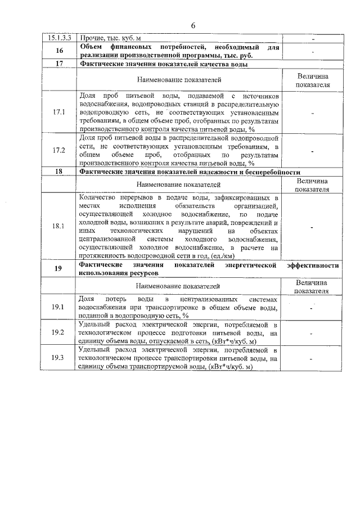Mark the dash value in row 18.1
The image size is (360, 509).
[x=312, y=227]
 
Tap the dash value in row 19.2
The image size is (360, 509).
[x=312, y=333]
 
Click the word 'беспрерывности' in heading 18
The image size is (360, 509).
[x=272, y=172]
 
